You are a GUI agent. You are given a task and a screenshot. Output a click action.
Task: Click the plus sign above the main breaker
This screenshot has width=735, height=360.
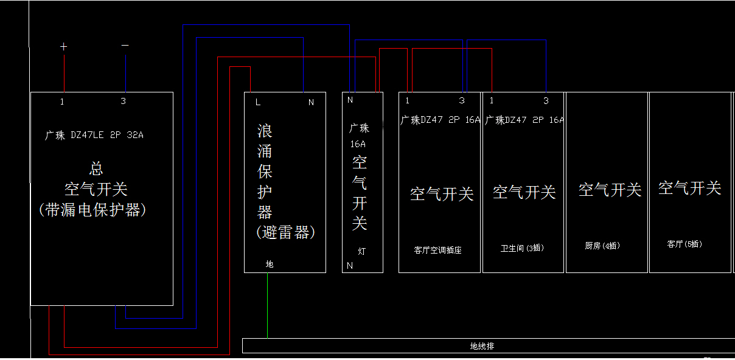(x=64, y=47)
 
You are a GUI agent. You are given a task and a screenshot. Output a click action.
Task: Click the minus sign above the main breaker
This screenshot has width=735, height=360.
(x=125, y=45)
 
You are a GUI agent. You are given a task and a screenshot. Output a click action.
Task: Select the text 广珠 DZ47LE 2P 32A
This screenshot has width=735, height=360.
(x=94, y=135)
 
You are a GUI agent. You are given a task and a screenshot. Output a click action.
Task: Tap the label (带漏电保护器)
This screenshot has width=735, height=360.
(x=92, y=210)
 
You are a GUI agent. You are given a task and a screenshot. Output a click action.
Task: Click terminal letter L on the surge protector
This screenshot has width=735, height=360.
(x=258, y=102)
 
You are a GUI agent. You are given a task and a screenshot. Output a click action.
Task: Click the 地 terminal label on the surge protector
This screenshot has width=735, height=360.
(x=270, y=264)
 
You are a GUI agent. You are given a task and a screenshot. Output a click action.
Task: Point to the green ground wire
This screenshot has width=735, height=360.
(x=268, y=305)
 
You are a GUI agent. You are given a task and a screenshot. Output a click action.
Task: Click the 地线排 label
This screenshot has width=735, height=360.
(x=482, y=346)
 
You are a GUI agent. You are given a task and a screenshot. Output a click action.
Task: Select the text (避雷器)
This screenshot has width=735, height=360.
(x=285, y=232)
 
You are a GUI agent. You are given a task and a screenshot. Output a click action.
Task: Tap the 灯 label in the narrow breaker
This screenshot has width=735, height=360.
(x=361, y=251)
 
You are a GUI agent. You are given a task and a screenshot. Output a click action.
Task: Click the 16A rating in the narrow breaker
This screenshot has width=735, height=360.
(x=358, y=144)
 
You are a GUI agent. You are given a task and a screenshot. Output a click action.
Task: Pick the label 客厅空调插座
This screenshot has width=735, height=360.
(x=437, y=250)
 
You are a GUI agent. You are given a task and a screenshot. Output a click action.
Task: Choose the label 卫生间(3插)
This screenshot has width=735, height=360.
(x=522, y=248)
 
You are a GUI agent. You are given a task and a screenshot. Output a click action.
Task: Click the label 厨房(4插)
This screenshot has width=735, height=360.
(x=602, y=246)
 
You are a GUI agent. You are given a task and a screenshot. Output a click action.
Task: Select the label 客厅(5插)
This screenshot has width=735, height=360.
(x=684, y=244)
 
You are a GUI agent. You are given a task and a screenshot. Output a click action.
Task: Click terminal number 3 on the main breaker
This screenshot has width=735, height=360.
(x=123, y=101)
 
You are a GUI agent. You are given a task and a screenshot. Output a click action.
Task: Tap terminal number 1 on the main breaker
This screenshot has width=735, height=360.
(x=62, y=102)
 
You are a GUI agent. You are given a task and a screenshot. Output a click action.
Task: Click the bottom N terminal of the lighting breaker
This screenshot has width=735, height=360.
(x=350, y=266)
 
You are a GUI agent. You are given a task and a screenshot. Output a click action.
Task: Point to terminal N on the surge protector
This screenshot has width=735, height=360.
(x=311, y=103)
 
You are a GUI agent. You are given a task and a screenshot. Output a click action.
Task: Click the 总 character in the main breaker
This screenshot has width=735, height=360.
(x=96, y=168)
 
